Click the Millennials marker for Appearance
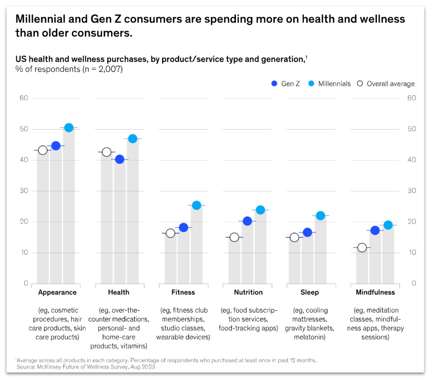click(69, 128)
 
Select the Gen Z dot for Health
click(119, 160)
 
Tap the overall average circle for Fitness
click(170, 233)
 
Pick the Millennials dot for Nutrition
click(260, 210)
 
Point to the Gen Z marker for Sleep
click(307, 232)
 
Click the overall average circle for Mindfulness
click(362, 247)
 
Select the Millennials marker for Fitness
click(197, 205)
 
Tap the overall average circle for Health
click(106, 152)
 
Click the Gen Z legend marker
click(273, 84)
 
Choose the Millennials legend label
click(335, 84)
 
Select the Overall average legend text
click(391, 84)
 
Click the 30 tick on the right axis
click(412, 191)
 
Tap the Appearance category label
click(57, 292)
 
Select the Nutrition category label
click(248, 292)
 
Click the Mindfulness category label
click(375, 292)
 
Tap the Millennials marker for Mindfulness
click(388, 225)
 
